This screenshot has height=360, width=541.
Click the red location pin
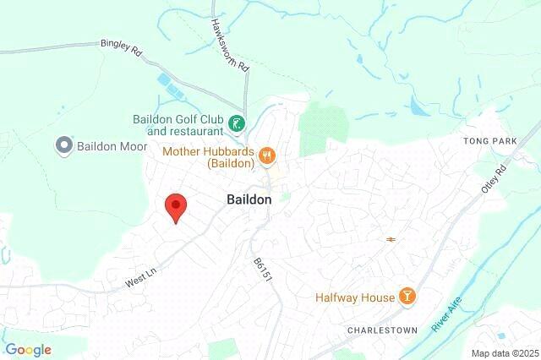[x=176, y=207]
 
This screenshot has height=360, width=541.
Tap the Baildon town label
[x=249, y=199]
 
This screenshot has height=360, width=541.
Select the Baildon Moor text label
[x=112, y=145]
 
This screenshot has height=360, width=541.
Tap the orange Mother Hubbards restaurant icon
[x=267, y=154]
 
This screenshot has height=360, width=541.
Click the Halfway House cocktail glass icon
[x=408, y=297]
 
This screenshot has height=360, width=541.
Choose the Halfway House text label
[x=354, y=297]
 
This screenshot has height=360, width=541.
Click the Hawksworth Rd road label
[x=230, y=44]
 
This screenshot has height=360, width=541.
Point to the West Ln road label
[x=141, y=276]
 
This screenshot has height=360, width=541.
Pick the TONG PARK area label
[x=489, y=141]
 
